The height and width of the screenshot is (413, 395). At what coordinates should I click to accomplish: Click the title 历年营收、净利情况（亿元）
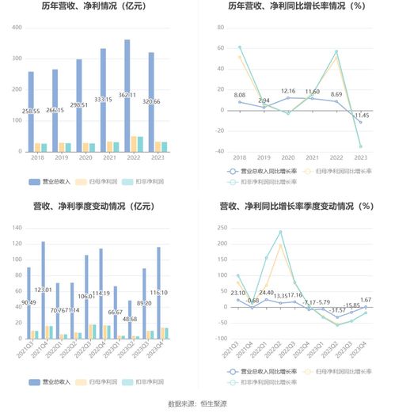[x=97, y=7]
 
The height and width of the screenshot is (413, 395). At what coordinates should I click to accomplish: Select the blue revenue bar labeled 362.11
[x=127, y=95]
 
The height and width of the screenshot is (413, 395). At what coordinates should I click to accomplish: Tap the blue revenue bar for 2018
[x=31, y=111]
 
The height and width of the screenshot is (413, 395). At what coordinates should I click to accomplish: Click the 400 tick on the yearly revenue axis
[x=15, y=27]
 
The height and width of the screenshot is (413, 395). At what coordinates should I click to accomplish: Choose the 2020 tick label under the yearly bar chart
[x=79, y=158]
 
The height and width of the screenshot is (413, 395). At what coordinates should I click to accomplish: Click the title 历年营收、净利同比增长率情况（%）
[x=297, y=7]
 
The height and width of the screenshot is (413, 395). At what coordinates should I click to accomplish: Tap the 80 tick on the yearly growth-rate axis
[x=210, y=27]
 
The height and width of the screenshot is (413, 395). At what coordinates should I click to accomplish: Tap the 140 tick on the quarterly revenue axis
[x=15, y=228]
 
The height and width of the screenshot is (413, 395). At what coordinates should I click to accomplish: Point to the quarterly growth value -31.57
[x=336, y=309]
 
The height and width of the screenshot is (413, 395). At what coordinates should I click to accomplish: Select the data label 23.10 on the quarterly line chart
[x=237, y=293]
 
